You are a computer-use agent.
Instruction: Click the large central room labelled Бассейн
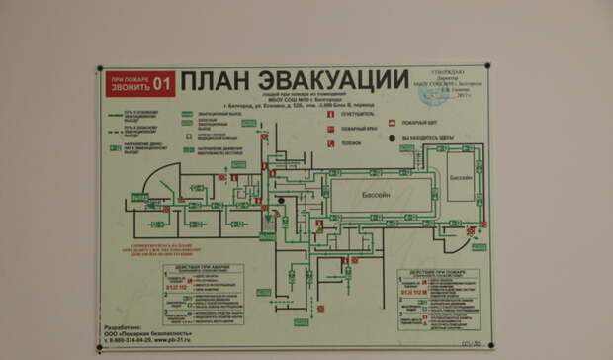click(381, 195)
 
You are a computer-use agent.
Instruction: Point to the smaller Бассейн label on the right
click(460, 178)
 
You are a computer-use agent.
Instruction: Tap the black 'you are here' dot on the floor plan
click(281, 201)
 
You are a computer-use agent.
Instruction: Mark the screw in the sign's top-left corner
click(103, 70)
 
